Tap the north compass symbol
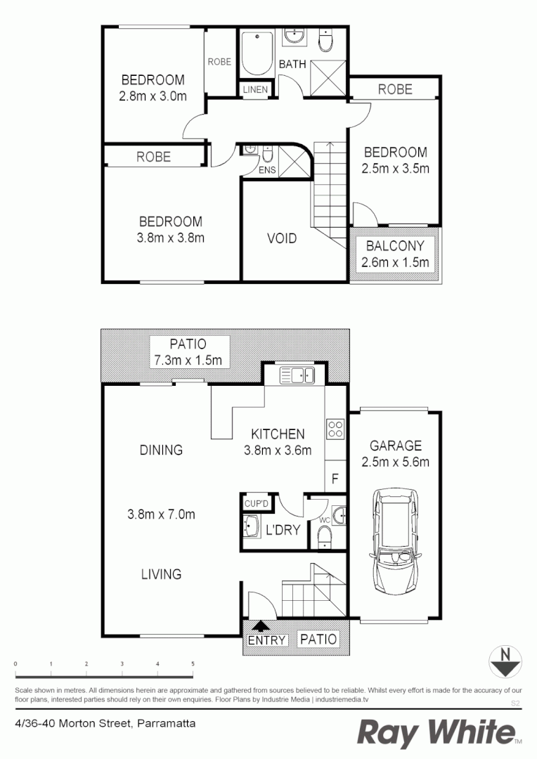504,661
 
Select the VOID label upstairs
282,238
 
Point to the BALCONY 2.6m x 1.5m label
395,254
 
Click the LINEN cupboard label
254,90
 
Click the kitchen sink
295,375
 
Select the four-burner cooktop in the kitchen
335,429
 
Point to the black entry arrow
261,625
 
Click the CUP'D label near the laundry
257,503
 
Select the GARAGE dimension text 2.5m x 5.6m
396,462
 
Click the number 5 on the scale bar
193,663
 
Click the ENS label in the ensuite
267,171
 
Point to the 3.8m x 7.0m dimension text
161,514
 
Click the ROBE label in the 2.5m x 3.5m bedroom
395,89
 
